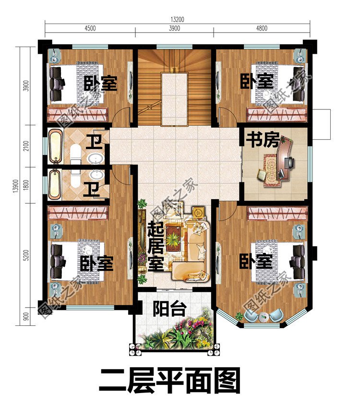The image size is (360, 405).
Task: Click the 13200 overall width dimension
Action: [177, 20]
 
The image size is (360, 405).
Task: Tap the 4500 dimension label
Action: [90, 28]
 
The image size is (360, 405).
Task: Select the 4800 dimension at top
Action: [262, 28]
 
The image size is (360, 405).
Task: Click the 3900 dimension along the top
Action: [174, 28]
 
